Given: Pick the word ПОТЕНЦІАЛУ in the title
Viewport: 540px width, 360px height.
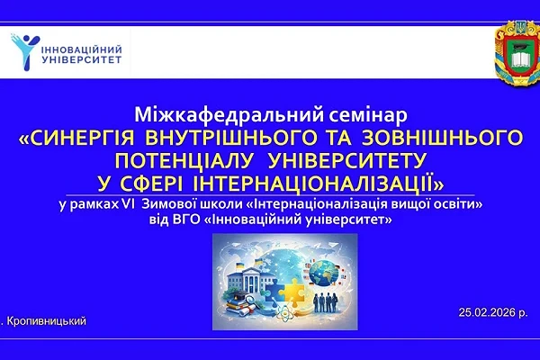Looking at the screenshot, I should tap(184, 159).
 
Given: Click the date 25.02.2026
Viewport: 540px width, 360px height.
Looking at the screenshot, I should tap(488, 310).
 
